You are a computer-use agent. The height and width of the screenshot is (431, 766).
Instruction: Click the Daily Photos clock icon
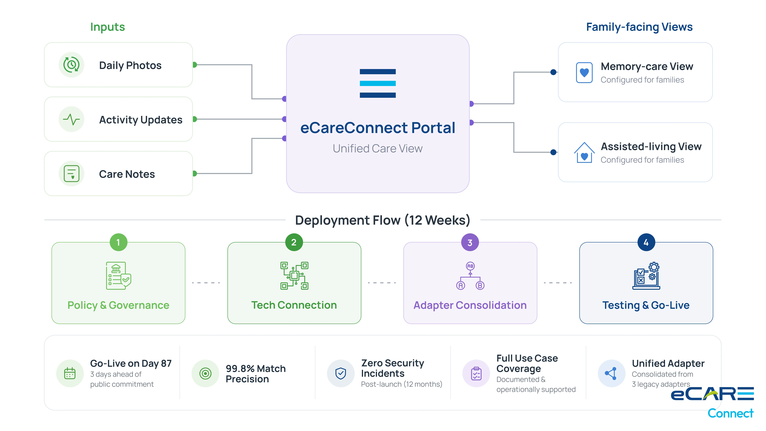pyautogui.click(x=71, y=65)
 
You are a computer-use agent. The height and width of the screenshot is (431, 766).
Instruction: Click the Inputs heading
pyautogui.click(x=108, y=27)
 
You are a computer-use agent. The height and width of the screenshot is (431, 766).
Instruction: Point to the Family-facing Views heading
pyautogui.click(x=639, y=27)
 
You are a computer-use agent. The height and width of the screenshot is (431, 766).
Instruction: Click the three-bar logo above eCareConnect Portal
pyautogui.click(x=378, y=83)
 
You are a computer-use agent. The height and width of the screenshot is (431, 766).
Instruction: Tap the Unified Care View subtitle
pyautogui.click(x=378, y=148)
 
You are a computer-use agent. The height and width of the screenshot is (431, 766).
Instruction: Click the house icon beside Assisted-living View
pyautogui.click(x=584, y=153)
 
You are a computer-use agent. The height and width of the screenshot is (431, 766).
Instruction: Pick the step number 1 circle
pyautogui.click(x=118, y=242)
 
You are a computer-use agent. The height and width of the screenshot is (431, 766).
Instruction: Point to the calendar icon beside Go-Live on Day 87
pyautogui.click(x=70, y=373)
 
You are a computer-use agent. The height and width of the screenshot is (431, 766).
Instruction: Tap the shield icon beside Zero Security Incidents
pyautogui.click(x=341, y=373)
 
